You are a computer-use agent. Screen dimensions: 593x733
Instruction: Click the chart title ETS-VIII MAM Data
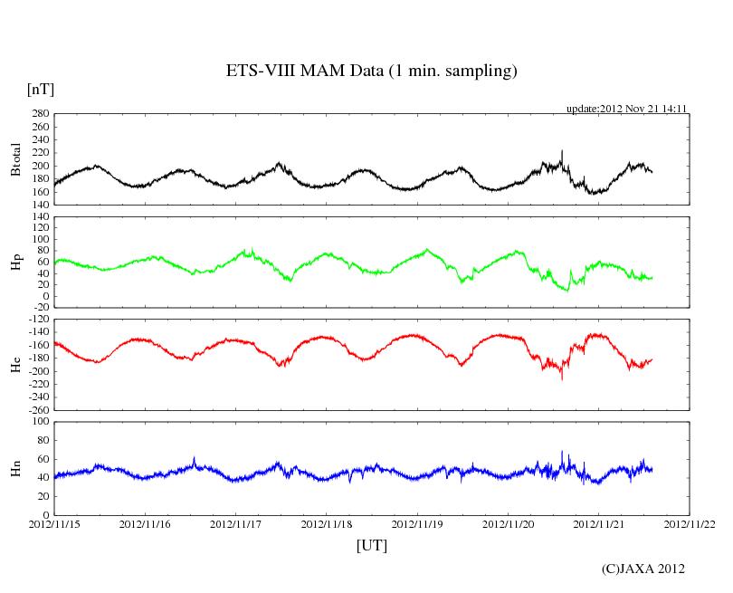371,71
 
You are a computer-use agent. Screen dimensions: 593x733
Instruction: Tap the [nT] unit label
40,90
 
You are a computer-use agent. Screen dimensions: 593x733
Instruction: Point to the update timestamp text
627,109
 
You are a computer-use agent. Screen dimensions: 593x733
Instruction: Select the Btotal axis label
16,159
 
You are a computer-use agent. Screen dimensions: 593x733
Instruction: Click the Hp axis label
16,263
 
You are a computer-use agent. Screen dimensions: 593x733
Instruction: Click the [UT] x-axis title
371,545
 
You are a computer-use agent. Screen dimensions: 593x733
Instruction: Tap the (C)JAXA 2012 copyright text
643,569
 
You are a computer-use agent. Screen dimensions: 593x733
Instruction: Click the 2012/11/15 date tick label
54,524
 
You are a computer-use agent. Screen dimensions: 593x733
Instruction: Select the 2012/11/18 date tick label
327,524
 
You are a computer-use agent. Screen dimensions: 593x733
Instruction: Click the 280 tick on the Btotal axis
40,114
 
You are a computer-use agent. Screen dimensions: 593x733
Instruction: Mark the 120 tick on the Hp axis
40,218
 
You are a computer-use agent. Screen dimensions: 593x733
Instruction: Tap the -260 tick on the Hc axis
36,409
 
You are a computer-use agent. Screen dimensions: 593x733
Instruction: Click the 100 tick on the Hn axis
40,421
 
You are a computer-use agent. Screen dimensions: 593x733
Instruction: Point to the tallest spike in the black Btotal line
562,151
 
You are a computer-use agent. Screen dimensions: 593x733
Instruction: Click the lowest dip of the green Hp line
566,290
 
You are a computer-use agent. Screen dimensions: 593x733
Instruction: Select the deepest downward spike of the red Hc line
561,378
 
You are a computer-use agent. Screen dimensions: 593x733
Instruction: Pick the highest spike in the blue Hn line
562,452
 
